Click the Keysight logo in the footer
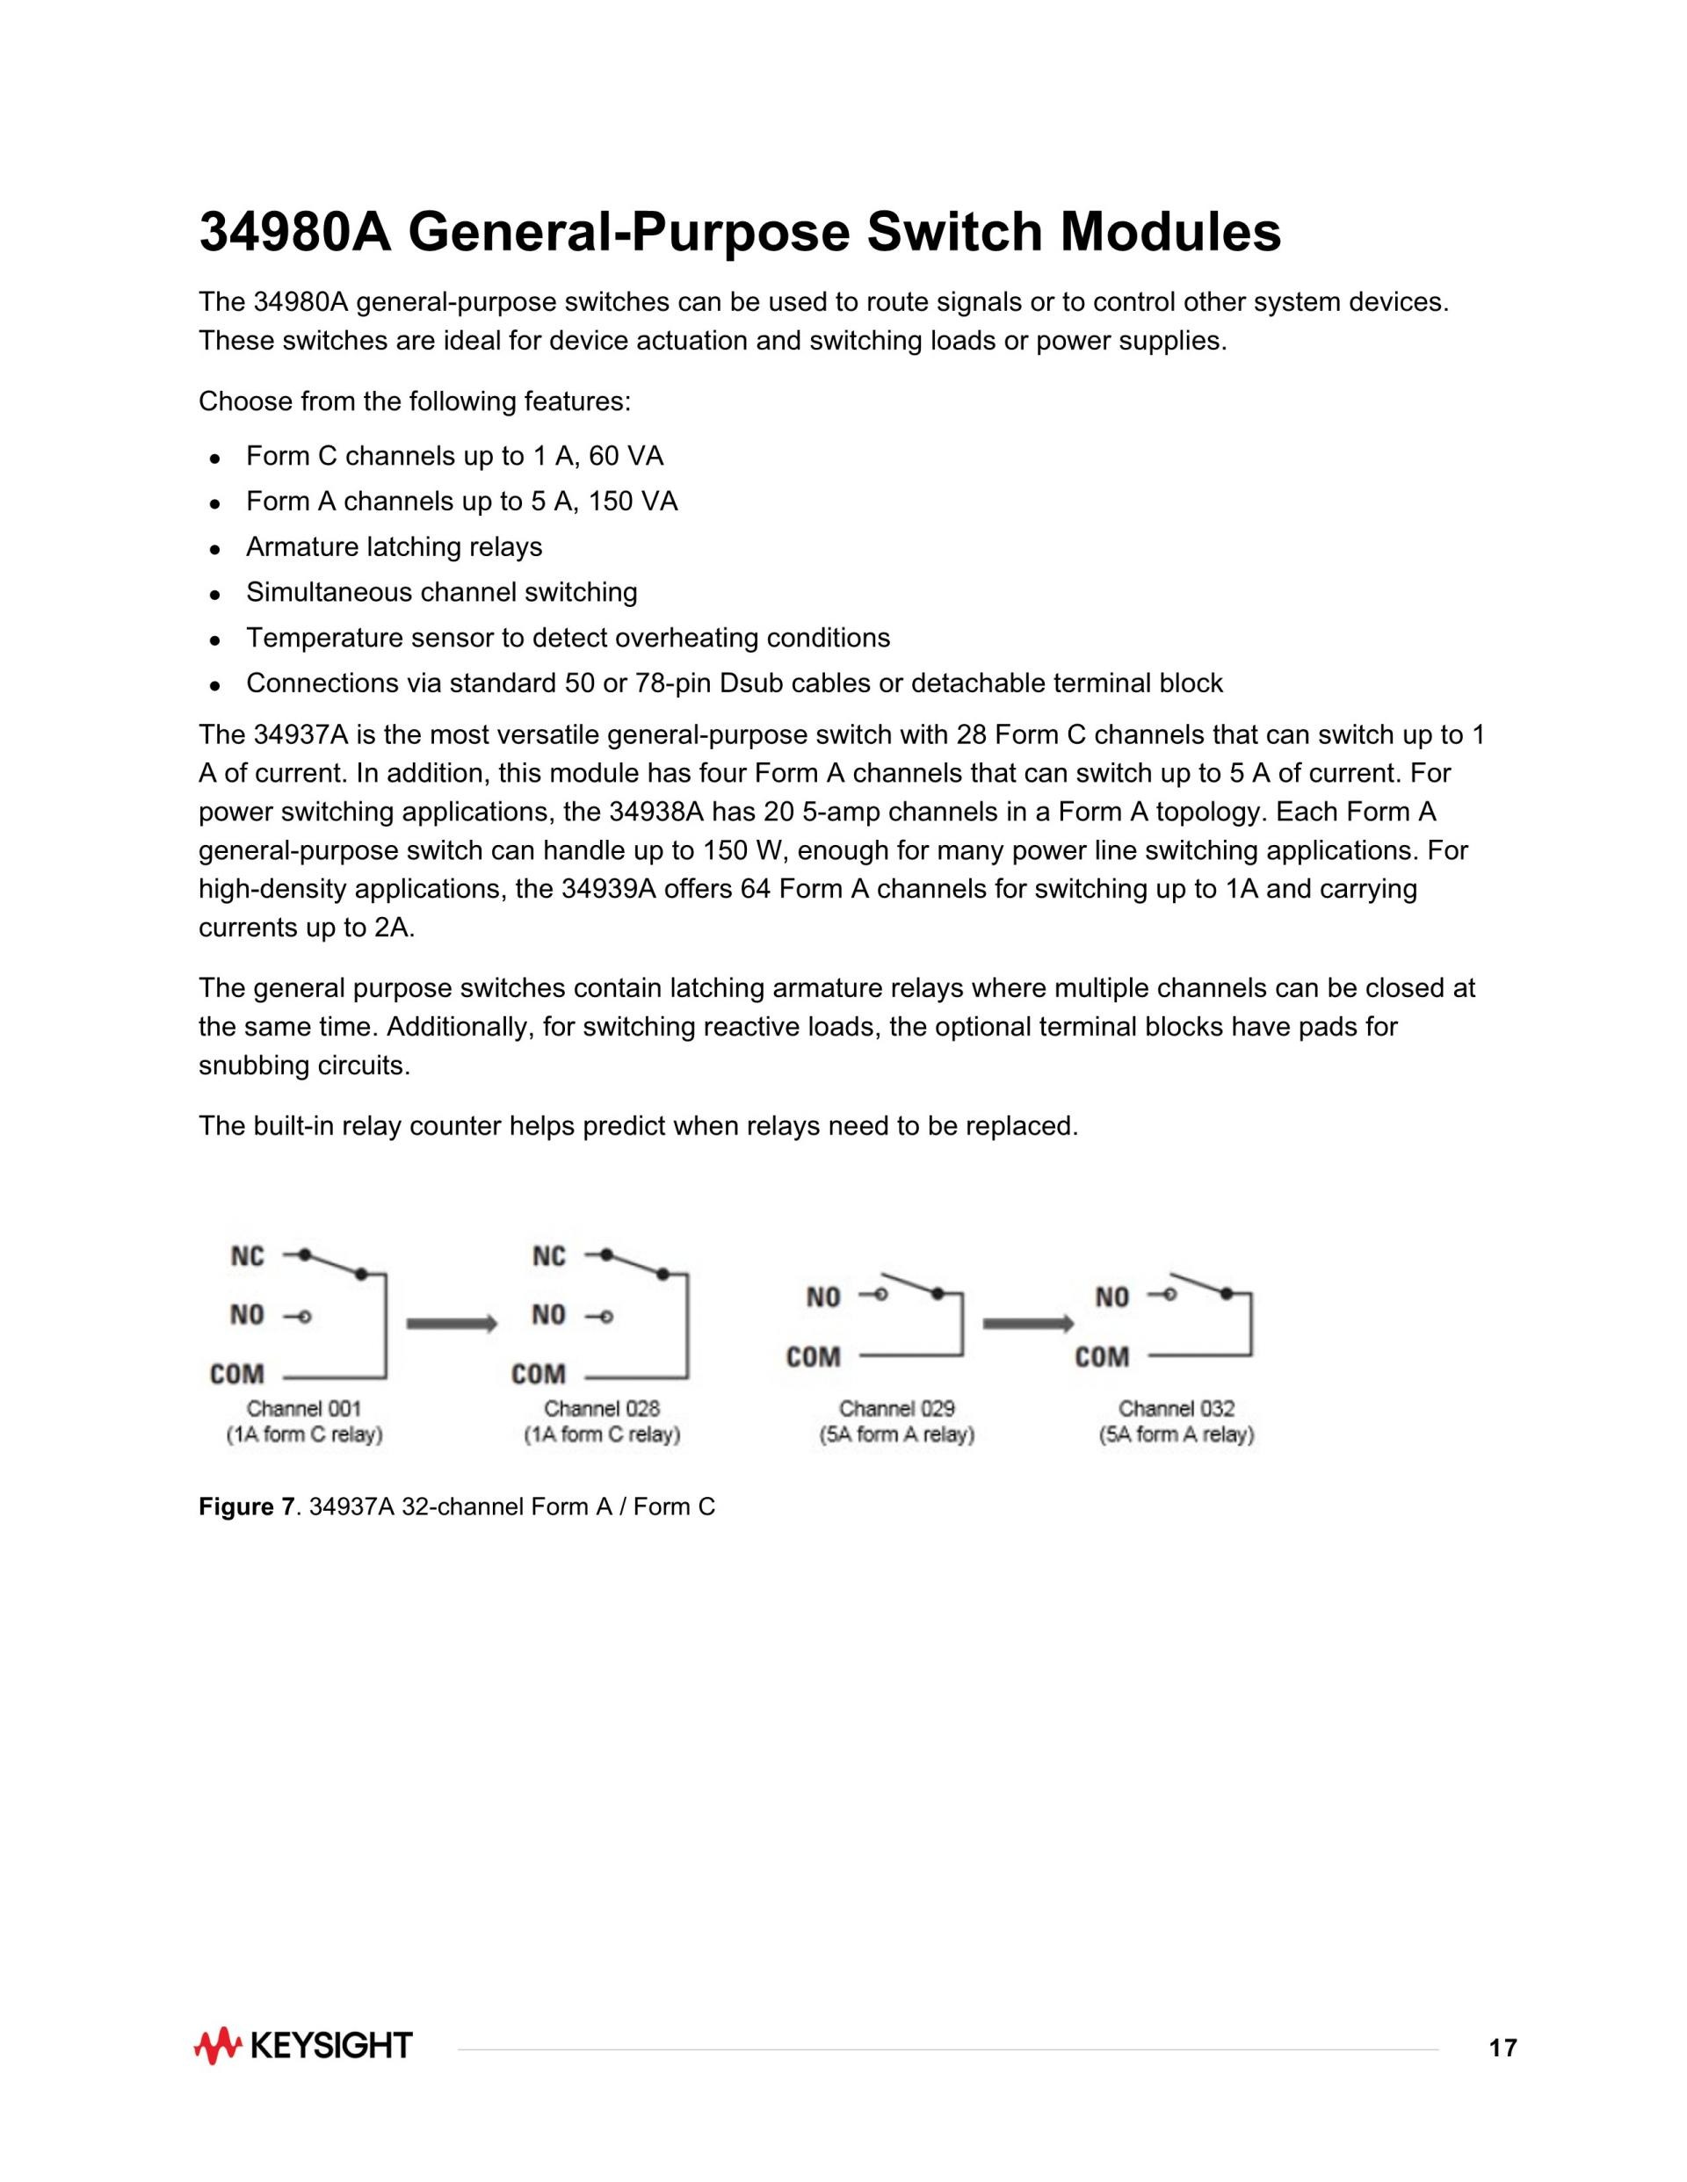pos(303,2045)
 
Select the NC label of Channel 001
pos(247,1256)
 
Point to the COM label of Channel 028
pos(539,1375)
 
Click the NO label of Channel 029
pos(823,1297)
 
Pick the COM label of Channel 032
pos(1101,1357)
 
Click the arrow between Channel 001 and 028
pos(451,1324)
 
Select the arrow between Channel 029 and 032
pos(1027,1324)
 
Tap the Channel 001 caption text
pos(304,1409)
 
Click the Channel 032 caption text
pos(1177,1409)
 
